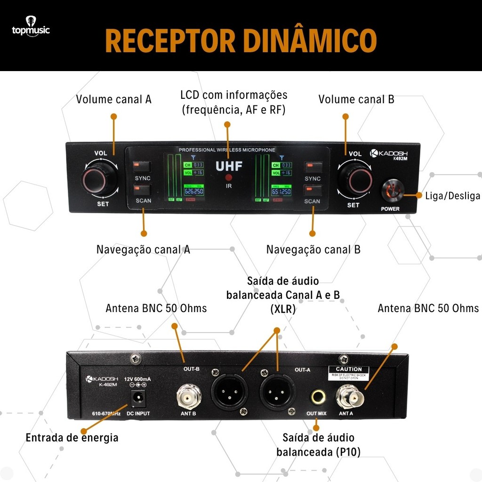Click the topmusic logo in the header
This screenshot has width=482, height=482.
[31, 29]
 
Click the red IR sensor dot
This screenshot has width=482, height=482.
[229, 177]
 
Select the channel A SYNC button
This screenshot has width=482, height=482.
[142, 167]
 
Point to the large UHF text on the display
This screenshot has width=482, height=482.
[229, 166]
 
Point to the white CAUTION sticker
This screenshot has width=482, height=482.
[349, 372]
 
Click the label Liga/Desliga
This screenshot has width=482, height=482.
[452, 196]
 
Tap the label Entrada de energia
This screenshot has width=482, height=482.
[72, 438]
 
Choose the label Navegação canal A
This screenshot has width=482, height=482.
[143, 249]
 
